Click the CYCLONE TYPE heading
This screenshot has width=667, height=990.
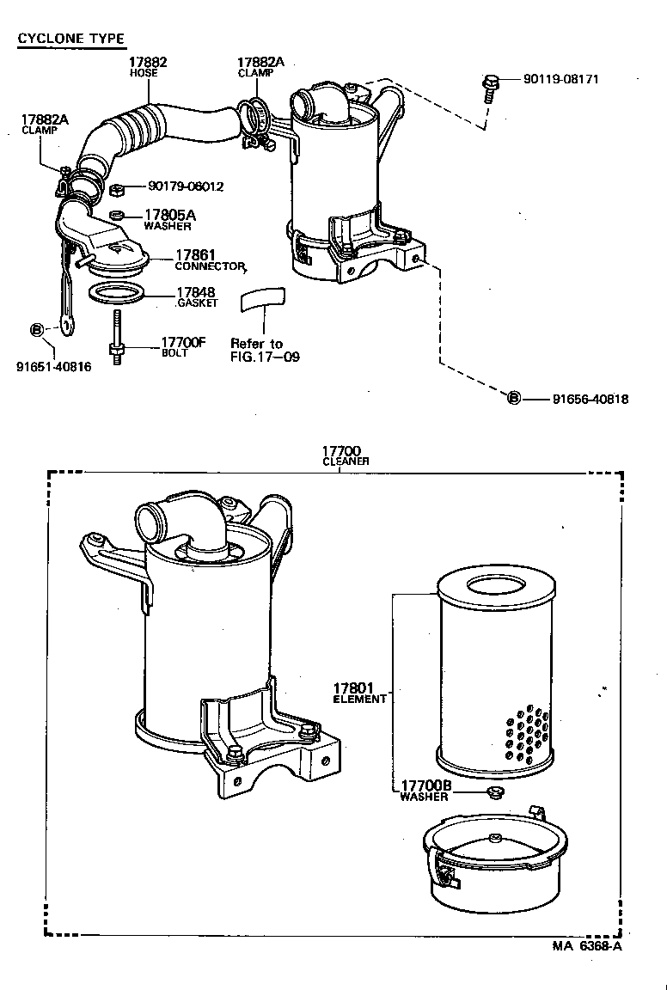(71, 38)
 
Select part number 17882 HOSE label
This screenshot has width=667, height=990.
(147, 67)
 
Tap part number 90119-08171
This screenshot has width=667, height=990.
(560, 79)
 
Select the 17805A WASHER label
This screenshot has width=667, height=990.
(169, 220)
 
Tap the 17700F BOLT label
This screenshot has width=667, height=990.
(183, 346)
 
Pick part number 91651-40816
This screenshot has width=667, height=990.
(53, 366)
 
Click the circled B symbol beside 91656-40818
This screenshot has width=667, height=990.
(513, 399)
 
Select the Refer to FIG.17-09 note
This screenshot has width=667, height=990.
(264, 350)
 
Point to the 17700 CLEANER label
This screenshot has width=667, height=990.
(346, 455)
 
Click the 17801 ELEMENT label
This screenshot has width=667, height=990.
(359, 693)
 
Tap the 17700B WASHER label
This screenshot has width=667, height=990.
(424, 791)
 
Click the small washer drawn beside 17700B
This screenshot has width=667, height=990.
(493, 791)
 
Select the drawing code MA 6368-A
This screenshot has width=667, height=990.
(586, 945)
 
